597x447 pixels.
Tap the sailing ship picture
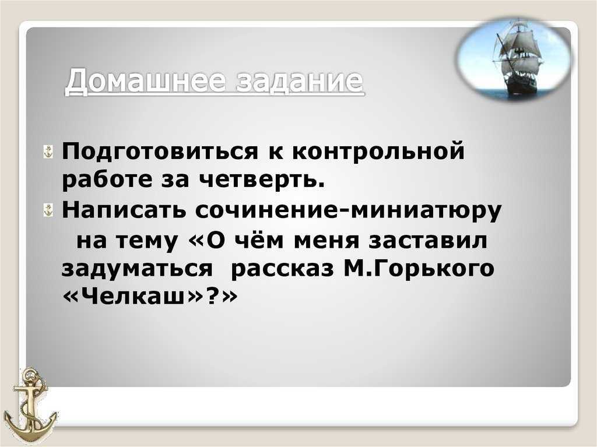point(515,59)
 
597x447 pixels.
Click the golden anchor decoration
point(30,405)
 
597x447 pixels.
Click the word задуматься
point(137,269)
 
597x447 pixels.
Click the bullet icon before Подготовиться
point(48,152)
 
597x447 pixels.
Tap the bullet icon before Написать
point(48,210)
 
